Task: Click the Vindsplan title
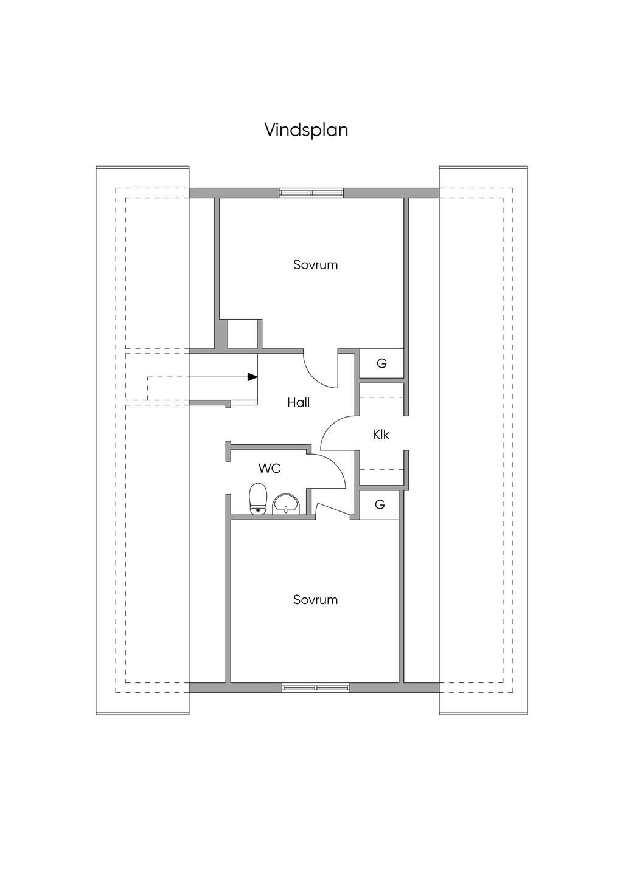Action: point(306,130)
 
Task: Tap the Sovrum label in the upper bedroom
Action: point(315,265)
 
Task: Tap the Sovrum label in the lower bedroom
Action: point(315,600)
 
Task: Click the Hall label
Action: point(299,402)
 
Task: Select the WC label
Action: point(270,469)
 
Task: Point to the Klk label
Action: point(381,435)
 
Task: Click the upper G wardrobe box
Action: point(381,364)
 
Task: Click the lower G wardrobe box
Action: point(380,505)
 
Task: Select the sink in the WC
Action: point(285,504)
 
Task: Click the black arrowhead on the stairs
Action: point(252,377)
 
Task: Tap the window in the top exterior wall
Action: point(311,193)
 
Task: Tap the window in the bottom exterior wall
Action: point(316,687)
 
